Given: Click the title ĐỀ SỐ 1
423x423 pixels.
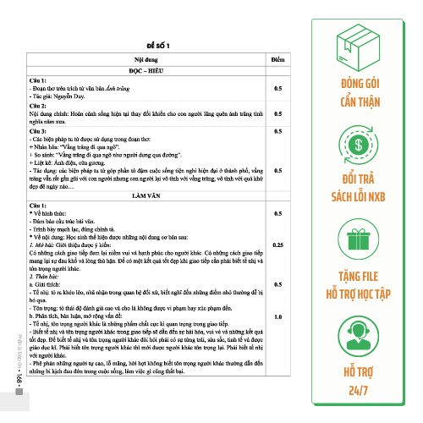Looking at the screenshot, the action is [158, 45].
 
